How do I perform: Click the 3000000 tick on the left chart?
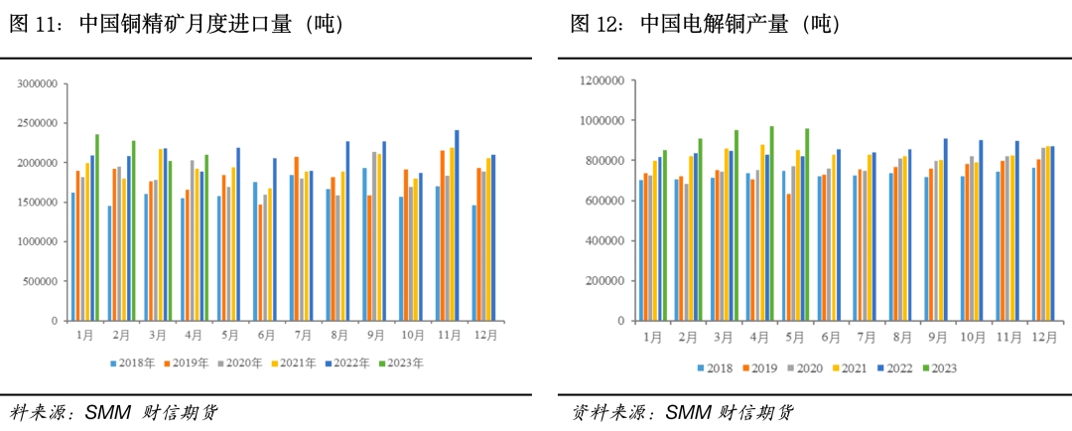click(x=38, y=84)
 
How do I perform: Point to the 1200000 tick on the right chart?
click(x=601, y=80)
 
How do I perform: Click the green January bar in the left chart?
click(x=96, y=227)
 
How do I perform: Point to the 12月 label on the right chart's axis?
click(x=1044, y=337)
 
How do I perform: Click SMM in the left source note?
click(x=106, y=412)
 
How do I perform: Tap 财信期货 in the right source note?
click(x=756, y=412)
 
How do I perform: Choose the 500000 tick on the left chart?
click(x=41, y=281)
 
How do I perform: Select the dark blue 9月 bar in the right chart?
click(x=945, y=230)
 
